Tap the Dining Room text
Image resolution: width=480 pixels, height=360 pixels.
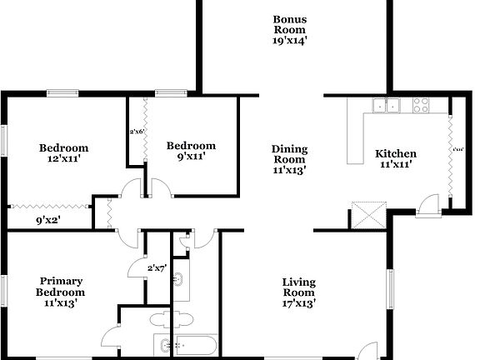point(289,154)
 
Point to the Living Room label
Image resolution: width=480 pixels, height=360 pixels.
point(297,287)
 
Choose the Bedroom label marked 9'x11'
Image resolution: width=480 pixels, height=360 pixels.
point(191,146)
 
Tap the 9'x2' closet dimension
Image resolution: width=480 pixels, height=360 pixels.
point(51,221)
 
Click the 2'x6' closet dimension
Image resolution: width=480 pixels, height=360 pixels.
point(137,132)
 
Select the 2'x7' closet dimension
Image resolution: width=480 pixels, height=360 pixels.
point(157,268)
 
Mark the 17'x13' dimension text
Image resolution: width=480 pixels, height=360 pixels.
point(297,303)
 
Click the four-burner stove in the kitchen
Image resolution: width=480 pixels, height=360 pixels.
point(421,105)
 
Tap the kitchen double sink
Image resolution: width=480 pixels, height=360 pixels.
point(387,105)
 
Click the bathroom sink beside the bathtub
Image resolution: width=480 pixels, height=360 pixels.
point(162,344)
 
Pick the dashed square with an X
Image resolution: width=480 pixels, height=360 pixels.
point(365,214)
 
